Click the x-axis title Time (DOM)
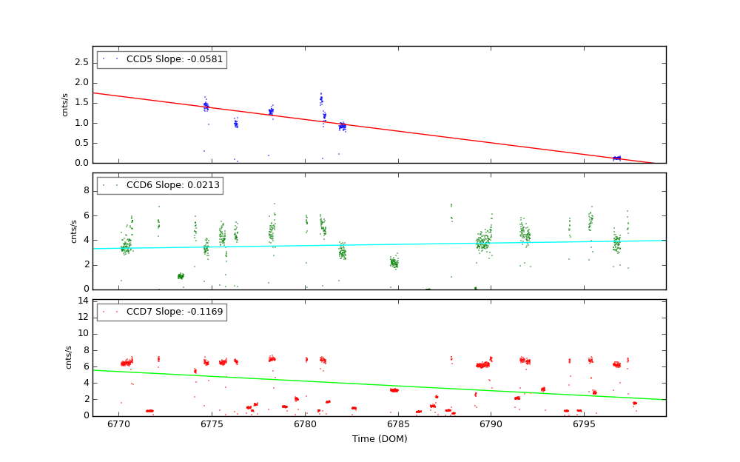tap(380, 439)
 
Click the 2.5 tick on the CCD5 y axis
tap(81, 62)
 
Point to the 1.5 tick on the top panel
tap(81, 102)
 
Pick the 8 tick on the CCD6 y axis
tap(86, 190)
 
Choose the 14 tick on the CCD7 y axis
tap(84, 301)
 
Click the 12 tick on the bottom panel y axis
tap(84, 317)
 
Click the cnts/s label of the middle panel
tap(74, 231)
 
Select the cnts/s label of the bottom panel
tap(69, 358)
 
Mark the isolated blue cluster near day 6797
tap(616, 158)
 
